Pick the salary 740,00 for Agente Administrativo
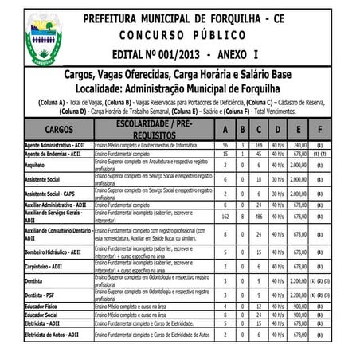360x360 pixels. [298, 146]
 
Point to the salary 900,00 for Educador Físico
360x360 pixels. [298, 307]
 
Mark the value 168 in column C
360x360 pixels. [259, 146]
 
